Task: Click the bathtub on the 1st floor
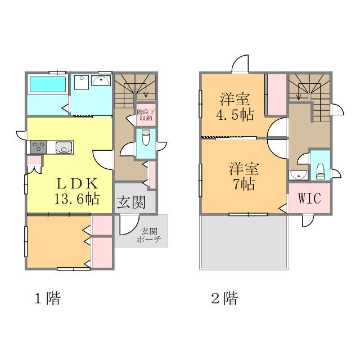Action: [x=48, y=85]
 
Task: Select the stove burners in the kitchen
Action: [x=38, y=147]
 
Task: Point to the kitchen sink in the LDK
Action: [x=62, y=147]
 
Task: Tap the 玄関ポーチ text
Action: [x=149, y=235]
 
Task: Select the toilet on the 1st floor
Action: [x=145, y=137]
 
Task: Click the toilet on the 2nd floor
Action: [x=321, y=170]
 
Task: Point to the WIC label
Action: [x=309, y=199]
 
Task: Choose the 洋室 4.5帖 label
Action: [x=236, y=107]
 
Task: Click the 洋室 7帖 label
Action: [x=243, y=175]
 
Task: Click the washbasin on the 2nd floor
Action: [x=298, y=175]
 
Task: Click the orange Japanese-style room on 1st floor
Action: [x=56, y=242]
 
